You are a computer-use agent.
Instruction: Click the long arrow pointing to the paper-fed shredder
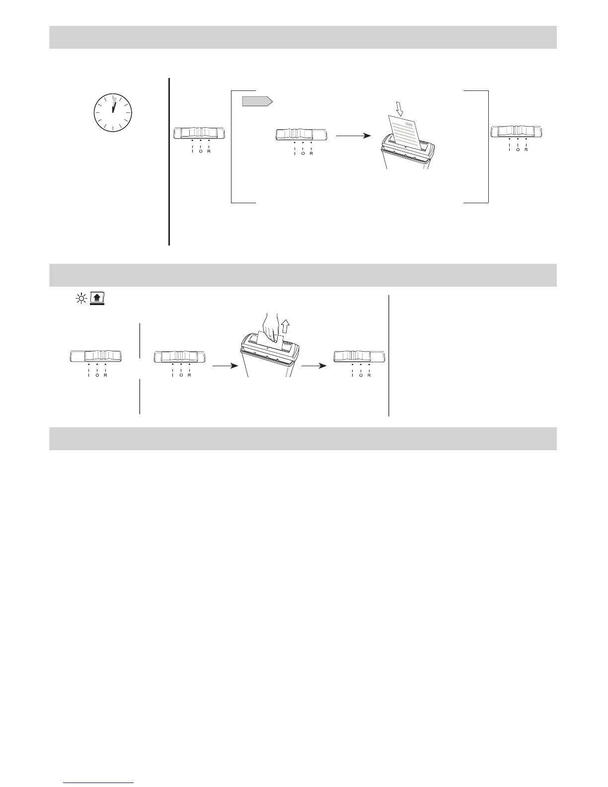[x=353, y=135]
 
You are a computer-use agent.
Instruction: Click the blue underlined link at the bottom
[x=99, y=783]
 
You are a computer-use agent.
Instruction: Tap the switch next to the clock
[x=199, y=133]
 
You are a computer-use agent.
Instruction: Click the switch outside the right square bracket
[x=517, y=132]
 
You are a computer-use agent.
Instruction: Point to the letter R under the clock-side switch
[x=209, y=152]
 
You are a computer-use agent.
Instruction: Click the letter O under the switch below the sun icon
[x=97, y=375]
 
